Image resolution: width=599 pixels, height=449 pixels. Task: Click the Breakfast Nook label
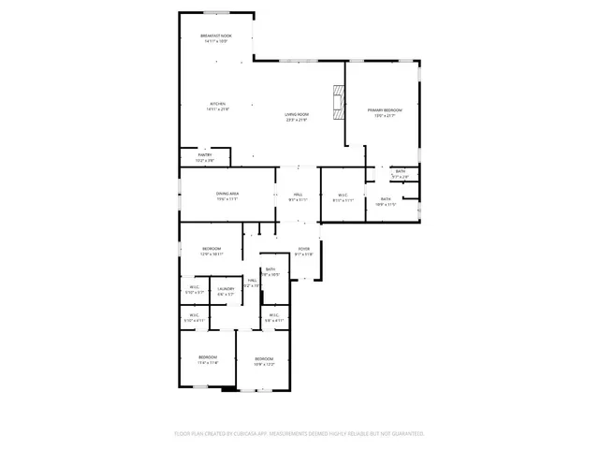[217, 36]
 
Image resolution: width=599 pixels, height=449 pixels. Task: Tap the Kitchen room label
[217, 104]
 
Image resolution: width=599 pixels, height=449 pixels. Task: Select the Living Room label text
[297, 115]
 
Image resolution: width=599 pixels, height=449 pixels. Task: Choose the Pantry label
[204, 155]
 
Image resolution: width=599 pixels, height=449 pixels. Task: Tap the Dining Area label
[227, 194]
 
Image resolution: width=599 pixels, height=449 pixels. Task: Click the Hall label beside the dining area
[298, 195]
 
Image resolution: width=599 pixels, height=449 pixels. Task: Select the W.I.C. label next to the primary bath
[343, 196]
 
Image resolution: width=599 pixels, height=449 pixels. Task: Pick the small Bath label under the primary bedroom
[400, 171]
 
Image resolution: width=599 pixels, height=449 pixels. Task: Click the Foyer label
[303, 248]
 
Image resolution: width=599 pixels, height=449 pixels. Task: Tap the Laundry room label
[226, 288]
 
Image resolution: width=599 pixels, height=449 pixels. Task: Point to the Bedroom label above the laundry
[211, 249]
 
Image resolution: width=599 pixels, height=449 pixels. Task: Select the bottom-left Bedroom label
[207, 357]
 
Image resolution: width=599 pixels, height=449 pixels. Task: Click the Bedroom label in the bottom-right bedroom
[265, 358]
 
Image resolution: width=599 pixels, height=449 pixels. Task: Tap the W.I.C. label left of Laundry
[195, 287]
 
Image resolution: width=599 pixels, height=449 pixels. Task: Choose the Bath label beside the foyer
[270, 269]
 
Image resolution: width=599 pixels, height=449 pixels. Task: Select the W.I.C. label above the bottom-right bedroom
[273, 315]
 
